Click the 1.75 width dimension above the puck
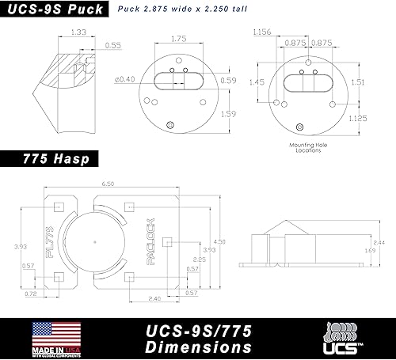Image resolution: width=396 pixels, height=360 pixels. pyautogui.click(x=178, y=37)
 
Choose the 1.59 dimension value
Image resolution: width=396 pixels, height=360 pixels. pyautogui.click(x=228, y=113)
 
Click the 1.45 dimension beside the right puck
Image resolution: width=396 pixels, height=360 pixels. pyautogui.click(x=258, y=81)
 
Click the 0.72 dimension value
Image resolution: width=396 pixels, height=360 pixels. pyautogui.click(x=32, y=294)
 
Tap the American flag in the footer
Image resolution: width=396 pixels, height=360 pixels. pyautogui.click(x=56, y=333)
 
